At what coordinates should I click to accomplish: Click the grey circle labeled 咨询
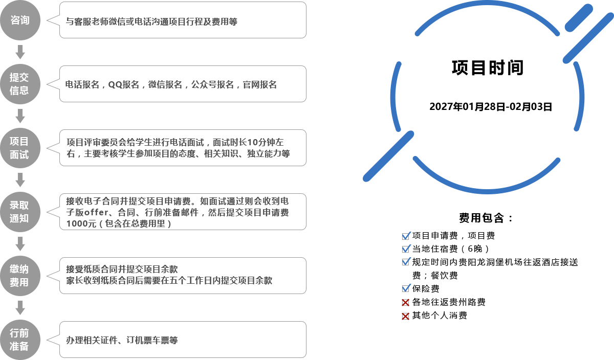coord(20,20)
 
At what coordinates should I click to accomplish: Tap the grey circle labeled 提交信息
coord(20,84)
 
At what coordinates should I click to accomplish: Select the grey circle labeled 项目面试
coord(20,148)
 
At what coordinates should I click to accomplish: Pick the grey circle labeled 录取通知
coord(20,212)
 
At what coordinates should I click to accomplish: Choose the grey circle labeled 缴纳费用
coord(20,276)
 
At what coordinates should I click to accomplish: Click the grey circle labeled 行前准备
coord(20,340)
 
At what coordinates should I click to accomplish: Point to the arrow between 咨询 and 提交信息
coord(20,52)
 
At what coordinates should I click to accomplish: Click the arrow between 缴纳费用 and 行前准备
coord(20,308)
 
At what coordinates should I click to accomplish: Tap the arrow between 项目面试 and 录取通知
coord(20,179)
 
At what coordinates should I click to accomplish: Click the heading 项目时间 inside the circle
coord(488,67)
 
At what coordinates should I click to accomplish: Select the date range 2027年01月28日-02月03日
coord(491,106)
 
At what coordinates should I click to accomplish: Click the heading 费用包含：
coord(486,218)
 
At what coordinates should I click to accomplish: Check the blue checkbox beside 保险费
coord(406,288)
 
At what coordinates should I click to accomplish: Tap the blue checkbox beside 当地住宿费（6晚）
coord(406,249)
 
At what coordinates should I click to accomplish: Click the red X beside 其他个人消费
coord(405,316)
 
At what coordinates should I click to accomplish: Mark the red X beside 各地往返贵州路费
coord(405,302)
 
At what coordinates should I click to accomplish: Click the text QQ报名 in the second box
coord(124,85)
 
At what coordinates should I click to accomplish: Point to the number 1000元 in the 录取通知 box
coord(81,223)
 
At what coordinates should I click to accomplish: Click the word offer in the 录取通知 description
coord(96,212)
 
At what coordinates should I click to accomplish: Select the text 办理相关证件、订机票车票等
coord(122,340)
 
